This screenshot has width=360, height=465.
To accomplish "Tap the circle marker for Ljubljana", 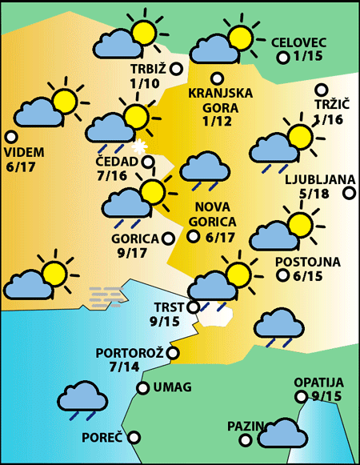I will coord(350,193).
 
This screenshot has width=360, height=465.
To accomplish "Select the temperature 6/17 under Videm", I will coord(24,166).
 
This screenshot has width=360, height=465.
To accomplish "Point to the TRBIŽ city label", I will coord(147,69).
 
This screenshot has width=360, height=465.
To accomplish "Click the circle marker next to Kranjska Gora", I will coord(216,78).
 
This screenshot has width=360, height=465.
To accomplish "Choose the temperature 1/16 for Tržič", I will coord(329,120).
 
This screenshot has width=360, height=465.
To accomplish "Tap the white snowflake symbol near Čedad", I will coord(140,146).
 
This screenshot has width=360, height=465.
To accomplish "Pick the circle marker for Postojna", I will coord(282,275).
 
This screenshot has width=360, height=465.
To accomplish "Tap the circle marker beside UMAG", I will coord(142,388).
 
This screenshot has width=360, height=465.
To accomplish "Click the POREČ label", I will coord(102,438).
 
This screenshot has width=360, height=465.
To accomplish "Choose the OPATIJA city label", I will coord(318,382).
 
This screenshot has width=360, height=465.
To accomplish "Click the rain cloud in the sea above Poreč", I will coord(83,399).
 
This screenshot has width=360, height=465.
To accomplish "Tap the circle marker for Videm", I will coord(10,137).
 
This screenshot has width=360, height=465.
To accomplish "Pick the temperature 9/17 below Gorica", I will coord(131,253).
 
